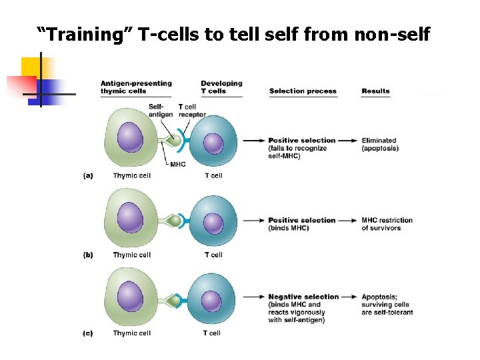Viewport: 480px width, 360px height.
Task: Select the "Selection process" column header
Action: pos(303,91)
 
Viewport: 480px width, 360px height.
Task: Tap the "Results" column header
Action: pos(375,91)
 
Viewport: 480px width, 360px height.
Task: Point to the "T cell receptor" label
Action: pos(192,111)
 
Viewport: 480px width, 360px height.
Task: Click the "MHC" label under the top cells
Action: pos(178,165)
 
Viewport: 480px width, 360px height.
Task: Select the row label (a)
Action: pos(88,176)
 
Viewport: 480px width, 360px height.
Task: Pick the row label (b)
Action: pos(88,255)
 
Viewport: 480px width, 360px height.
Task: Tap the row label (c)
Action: pos(88,333)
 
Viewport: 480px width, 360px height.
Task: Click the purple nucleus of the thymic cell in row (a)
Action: pos(130,139)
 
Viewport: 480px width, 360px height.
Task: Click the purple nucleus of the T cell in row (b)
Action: pos(213,222)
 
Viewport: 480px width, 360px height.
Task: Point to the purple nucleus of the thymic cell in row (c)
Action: pos(130,297)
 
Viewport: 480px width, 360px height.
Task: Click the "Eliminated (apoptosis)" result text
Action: pos(380,144)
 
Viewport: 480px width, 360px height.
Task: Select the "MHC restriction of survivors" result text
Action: pos(387,224)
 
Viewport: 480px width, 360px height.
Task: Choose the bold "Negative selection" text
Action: pos(303,297)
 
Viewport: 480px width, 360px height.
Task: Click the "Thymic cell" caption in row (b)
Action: pos(132,255)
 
